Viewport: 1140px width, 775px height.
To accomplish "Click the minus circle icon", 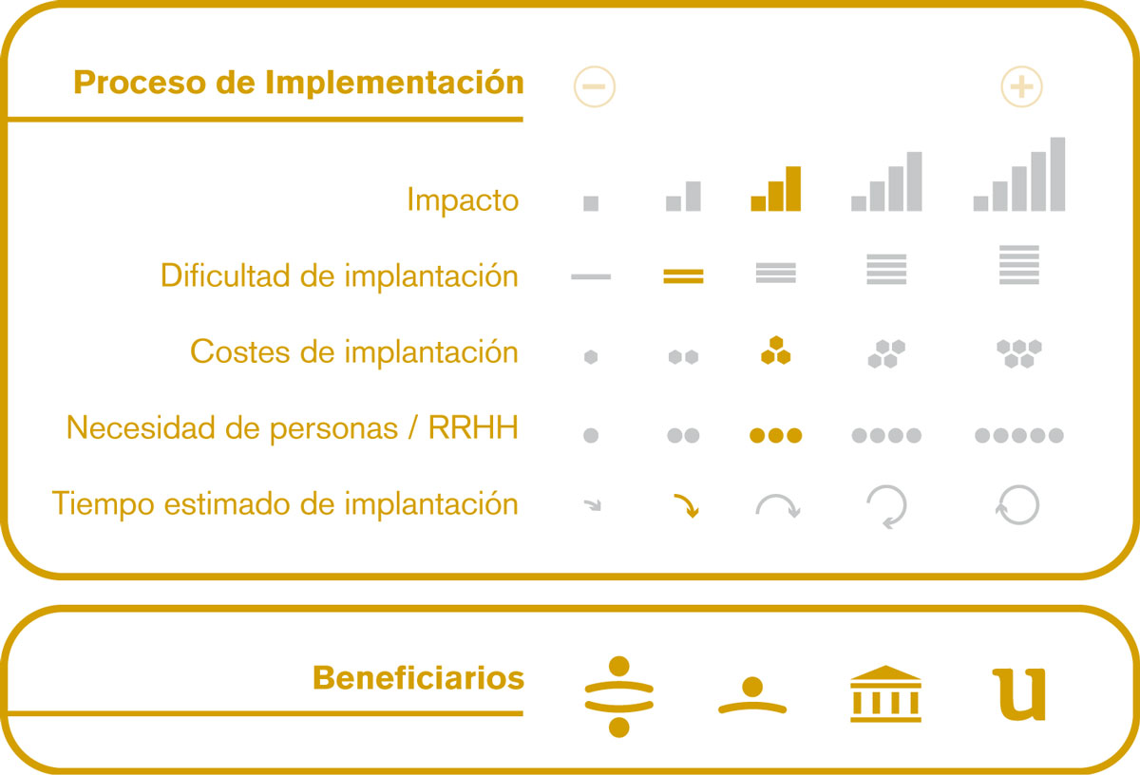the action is [x=595, y=86].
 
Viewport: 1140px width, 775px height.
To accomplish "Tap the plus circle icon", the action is [x=1021, y=86].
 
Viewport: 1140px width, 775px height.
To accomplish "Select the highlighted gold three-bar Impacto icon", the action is [x=775, y=189].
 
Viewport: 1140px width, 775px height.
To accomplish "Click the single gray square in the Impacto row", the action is [x=591, y=203].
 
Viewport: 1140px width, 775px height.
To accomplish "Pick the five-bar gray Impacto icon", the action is [x=1018, y=174].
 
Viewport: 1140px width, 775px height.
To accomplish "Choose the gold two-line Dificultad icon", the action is [x=683, y=276].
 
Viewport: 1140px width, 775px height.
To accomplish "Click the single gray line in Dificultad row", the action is [x=591, y=276].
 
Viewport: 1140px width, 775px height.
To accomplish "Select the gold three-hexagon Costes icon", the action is [x=775, y=350].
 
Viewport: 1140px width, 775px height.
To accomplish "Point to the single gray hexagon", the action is [x=591, y=357].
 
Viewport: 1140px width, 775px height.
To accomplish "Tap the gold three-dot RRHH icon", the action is [x=775, y=436].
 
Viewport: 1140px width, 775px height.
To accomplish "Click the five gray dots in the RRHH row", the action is [x=1018, y=436].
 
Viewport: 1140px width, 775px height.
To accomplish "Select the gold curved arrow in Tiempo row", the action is [x=688, y=503].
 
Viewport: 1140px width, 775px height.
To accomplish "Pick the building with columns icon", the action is [x=885, y=693].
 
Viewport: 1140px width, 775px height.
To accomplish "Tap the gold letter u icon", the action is [x=1018, y=694].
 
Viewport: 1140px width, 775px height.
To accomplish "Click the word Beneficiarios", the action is [x=418, y=678].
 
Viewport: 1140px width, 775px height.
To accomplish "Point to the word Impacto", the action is [x=463, y=200].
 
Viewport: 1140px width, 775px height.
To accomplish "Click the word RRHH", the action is [x=473, y=427].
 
